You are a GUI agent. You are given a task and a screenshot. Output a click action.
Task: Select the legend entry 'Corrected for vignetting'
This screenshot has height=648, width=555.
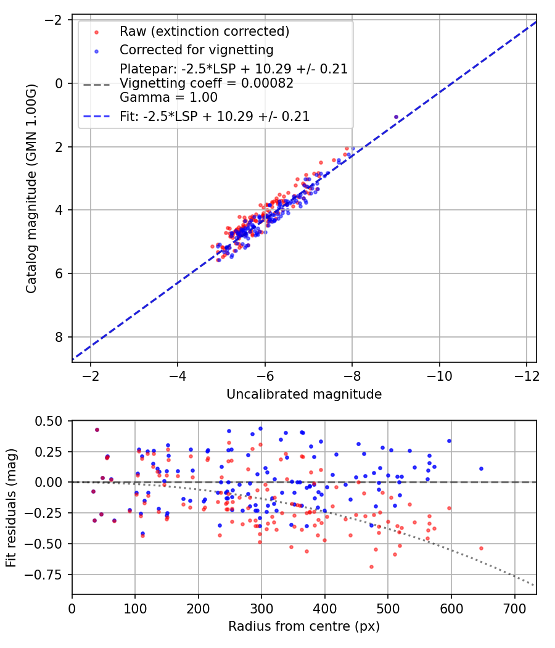click(197, 49)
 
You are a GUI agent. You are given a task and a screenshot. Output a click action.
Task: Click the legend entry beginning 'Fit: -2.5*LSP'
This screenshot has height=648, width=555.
click(215, 116)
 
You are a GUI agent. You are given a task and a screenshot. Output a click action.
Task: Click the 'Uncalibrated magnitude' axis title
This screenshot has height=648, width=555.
click(304, 394)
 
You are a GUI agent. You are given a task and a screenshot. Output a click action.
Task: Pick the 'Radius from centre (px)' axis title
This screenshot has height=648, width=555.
click(304, 626)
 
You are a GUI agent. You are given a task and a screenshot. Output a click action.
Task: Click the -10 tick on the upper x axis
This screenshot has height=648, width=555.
click(439, 376)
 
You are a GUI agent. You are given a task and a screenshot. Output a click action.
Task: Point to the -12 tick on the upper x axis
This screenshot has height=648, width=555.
click(526, 376)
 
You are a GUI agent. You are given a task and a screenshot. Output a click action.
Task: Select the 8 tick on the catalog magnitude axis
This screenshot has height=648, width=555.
click(59, 337)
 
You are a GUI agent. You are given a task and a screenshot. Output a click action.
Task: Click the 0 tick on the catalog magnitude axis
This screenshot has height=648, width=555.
click(59, 83)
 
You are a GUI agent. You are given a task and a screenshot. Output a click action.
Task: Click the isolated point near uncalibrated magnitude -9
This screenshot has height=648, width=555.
click(396, 117)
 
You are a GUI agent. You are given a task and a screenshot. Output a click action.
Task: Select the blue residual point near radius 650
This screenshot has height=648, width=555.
click(481, 468)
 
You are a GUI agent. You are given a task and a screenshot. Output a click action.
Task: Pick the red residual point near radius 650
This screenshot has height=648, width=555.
click(481, 548)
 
